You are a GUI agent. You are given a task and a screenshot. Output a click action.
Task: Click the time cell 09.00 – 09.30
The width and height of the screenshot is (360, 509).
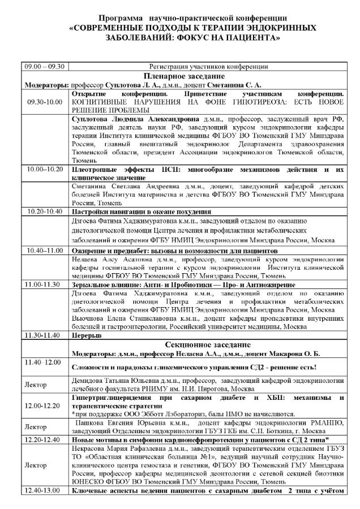click(44, 66)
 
